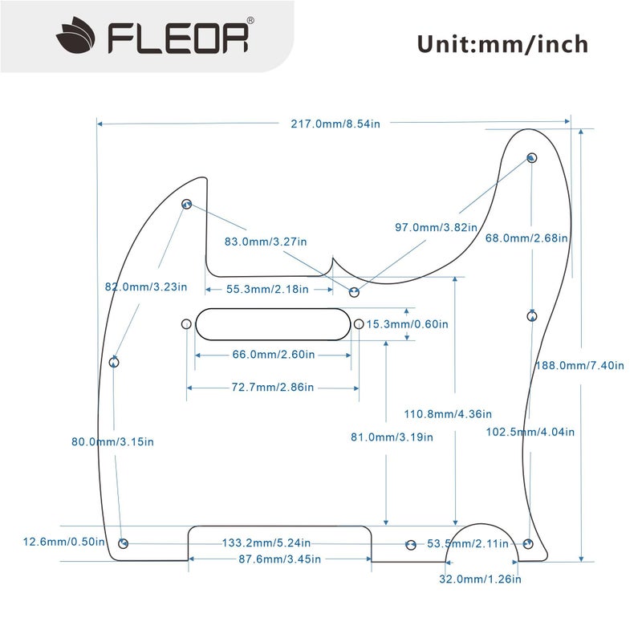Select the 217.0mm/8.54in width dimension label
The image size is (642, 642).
point(335,124)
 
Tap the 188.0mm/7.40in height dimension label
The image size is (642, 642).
point(579,365)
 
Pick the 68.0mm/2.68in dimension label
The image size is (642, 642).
point(527,238)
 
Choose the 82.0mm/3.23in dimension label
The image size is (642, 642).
point(146,286)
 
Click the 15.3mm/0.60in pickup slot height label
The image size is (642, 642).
point(408,324)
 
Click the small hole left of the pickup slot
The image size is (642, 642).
point(186,324)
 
